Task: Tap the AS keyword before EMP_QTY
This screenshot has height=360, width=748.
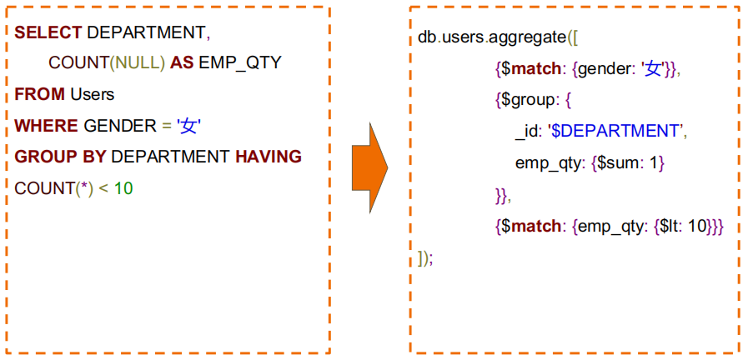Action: (183, 62)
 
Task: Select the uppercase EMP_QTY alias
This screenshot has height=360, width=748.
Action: (240, 62)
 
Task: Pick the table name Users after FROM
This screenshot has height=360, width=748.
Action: (92, 94)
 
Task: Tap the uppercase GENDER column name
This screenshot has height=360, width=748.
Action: (120, 126)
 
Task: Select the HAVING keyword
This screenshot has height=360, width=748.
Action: (268, 157)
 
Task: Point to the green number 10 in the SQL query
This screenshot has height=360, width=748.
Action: (123, 188)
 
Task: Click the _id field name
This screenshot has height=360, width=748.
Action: (527, 132)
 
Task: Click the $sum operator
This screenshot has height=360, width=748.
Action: (618, 162)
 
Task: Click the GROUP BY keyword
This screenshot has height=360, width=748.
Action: (61, 157)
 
